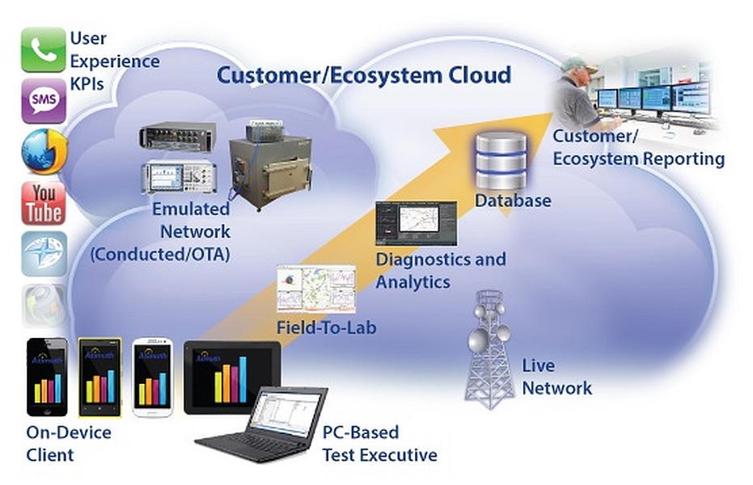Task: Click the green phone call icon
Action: click(x=43, y=50)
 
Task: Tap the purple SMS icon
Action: click(x=43, y=101)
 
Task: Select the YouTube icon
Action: click(x=43, y=203)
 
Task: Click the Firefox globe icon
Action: click(x=43, y=151)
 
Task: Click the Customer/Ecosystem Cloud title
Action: click(x=363, y=76)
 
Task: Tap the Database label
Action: click(x=513, y=200)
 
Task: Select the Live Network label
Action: click(x=556, y=376)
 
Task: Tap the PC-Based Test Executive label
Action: click(x=379, y=444)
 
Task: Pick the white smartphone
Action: click(x=153, y=375)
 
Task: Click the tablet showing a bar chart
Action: click(x=232, y=376)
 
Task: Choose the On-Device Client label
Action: click(x=69, y=443)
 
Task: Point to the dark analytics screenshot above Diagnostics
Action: click(x=416, y=222)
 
